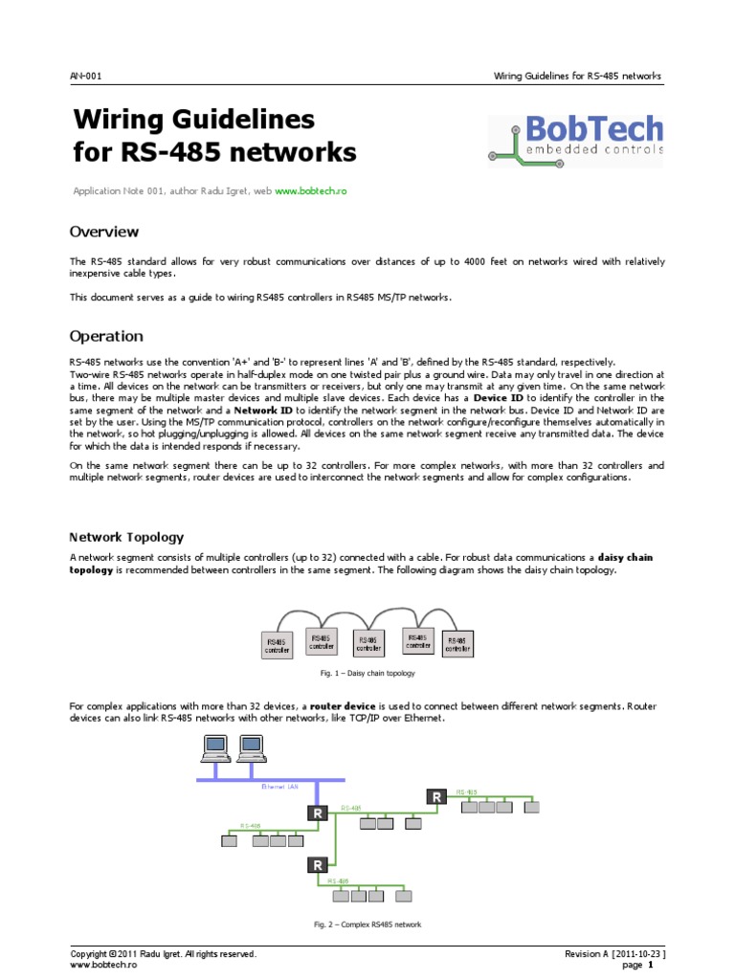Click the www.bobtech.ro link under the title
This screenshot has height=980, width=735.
coord(310,191)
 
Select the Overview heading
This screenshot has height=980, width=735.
coord(104,232)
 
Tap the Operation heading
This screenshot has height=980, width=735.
coord(106,336)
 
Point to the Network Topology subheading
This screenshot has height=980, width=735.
coord(126,538)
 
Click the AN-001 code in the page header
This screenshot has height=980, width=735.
coord(86,76)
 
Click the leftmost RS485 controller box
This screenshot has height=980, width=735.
coord(277,646)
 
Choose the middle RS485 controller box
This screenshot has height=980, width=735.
coord(368,642)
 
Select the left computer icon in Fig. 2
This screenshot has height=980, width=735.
coord(213,746)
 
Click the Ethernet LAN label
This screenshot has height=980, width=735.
coord(279,787)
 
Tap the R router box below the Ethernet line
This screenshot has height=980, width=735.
coord(317,813)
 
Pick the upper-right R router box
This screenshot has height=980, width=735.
coord(436,796)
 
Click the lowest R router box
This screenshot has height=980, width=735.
coord(317,865)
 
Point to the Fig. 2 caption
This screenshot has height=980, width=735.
coord(367,924)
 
